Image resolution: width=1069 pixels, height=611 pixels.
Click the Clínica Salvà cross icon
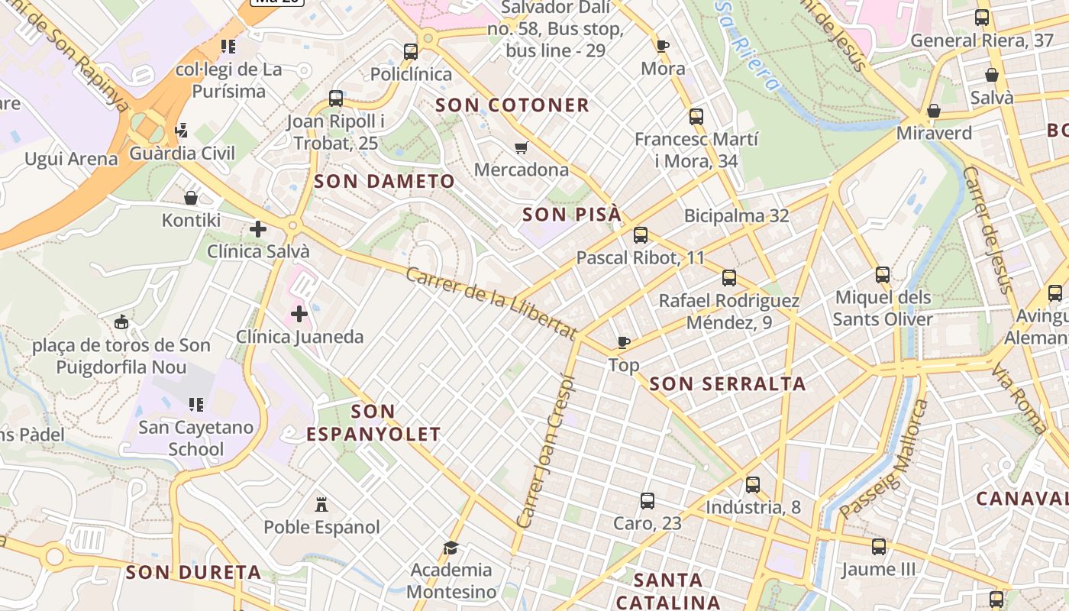[x=258, y=228]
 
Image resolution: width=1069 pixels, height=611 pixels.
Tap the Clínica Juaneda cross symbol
[x=299, y=314]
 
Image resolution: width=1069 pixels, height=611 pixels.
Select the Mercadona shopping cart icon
[x=522, y=147]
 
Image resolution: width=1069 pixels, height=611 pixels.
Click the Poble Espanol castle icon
[x=321, y=505]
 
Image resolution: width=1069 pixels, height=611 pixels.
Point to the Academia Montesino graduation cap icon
[x=451, y=548]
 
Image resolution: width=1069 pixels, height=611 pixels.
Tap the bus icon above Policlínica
[x=411, y=52]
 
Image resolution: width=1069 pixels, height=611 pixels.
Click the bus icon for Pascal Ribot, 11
[x=641, y=235]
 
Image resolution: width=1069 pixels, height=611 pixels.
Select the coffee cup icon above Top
[x=624, y=342]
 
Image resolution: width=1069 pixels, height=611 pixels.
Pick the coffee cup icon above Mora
[x=663, y=46]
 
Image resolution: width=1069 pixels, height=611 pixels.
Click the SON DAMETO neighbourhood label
[x=384, y=182]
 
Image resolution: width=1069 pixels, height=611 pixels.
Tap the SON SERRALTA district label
[x=728, y=384]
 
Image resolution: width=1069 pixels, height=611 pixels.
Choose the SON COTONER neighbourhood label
[x=512, y=105]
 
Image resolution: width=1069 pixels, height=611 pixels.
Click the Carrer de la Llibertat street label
[x=491, y=303]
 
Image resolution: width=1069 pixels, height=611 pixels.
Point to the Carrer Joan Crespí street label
[x=544, y=451]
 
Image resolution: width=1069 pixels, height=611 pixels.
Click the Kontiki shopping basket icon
[x=191, y=199]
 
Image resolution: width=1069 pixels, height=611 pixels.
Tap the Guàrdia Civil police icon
[x=181, y=131]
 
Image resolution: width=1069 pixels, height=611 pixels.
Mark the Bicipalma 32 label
[x=736, y=215]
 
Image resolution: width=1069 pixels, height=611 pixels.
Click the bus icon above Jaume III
[x=879, y=547]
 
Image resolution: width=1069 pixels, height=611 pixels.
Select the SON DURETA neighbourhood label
[x=193, y=572]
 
